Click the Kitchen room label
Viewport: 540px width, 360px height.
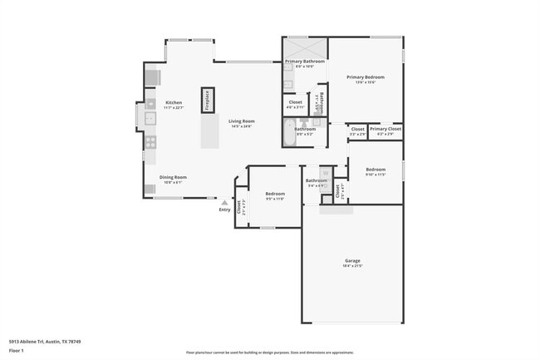click(173, 102)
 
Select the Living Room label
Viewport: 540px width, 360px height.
click(242, 121)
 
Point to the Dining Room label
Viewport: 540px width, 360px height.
click(174, 176)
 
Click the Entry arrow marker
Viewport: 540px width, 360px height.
click(224, 201)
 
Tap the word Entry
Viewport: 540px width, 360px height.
click(224, 210)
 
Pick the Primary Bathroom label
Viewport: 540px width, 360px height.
click(305, 62)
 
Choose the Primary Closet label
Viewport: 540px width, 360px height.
click(385, 129)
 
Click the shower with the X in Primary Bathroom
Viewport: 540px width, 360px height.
click(305, 47)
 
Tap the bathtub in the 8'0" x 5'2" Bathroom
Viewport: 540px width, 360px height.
click(289, 134)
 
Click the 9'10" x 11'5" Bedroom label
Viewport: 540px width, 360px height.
click(376, 170)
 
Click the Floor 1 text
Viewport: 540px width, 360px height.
click(17, 352)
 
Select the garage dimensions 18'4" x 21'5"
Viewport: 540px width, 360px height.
click(352, 266)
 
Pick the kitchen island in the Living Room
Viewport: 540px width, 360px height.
click(209, 132)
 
